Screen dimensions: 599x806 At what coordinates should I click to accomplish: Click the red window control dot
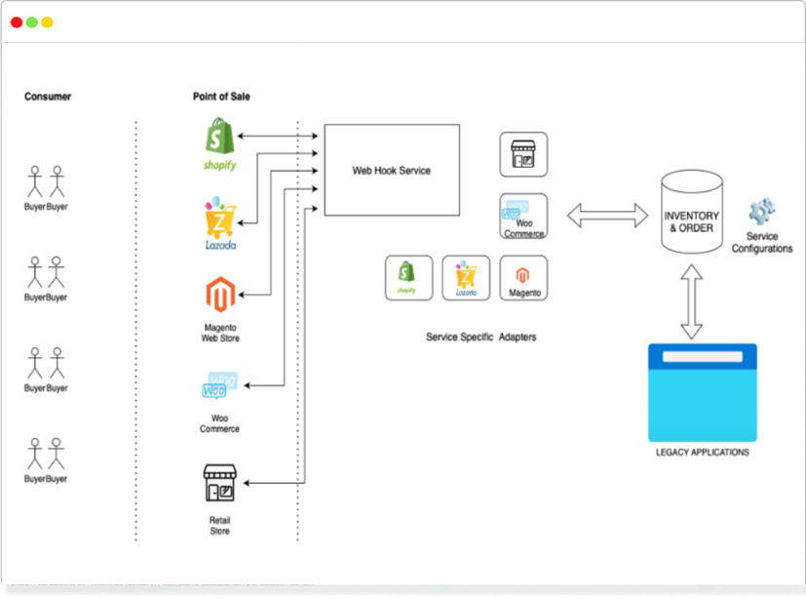[17, 22]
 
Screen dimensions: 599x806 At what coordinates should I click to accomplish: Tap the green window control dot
[32, 22]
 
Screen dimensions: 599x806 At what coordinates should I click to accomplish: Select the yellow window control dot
[47, 22]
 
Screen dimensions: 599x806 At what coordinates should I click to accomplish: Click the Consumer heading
[48, 97]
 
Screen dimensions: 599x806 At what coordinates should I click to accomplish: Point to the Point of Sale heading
[221, 97]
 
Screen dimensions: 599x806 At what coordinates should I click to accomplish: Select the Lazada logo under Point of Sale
[220, 220]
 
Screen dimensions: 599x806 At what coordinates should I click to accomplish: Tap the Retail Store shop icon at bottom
[220, 484]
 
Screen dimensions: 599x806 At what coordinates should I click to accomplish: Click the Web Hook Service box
[392, 171]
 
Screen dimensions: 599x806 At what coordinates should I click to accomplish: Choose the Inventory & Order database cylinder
[691, 212]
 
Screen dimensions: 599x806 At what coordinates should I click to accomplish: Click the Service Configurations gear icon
[762, 212]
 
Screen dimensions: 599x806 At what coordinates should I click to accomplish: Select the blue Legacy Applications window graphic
[703, 392]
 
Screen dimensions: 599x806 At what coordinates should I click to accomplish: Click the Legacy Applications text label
[703, 453]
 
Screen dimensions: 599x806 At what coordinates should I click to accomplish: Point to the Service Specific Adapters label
[481, 338]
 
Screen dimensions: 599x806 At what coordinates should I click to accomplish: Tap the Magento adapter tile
[524, 277]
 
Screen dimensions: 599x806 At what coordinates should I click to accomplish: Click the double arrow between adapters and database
[608, 216]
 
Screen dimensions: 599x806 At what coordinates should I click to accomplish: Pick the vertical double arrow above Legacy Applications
[692, 305]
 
